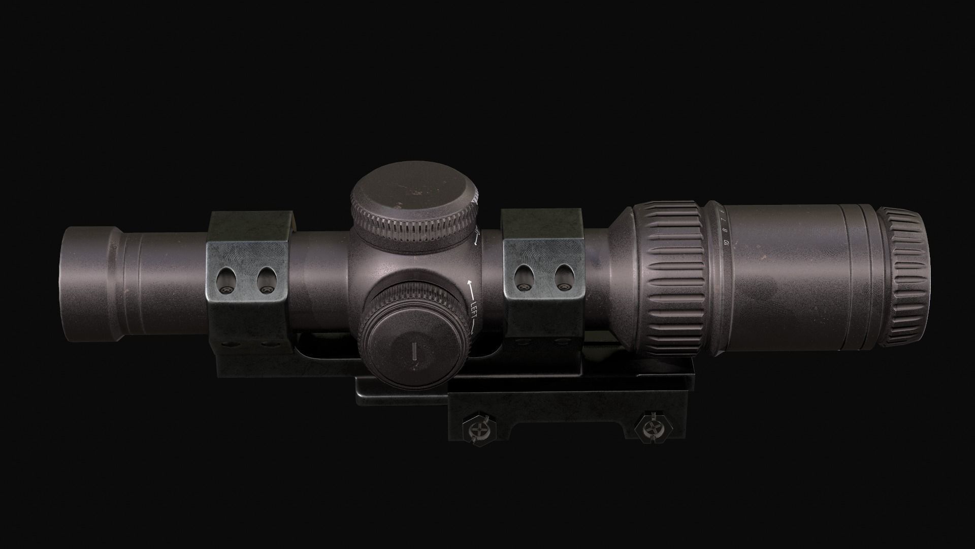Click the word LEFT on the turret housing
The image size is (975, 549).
[x=474, y=308]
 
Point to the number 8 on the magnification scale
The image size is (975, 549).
[x=725, y=229]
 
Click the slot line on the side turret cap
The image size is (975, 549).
[x=414, y=351]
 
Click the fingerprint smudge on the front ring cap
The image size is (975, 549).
[x=249, y=254]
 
